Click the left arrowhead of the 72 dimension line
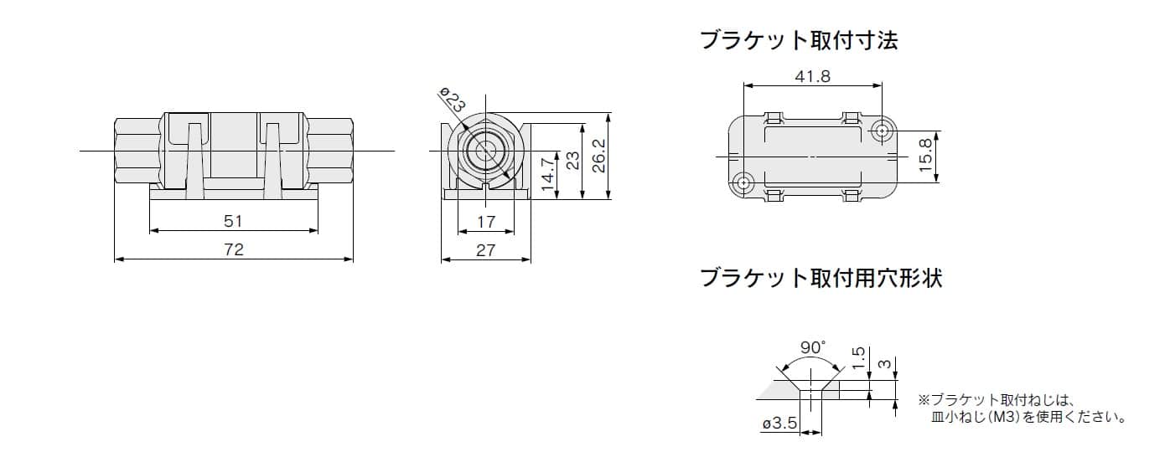[x=118, y=259]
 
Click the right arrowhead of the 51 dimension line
[x=313, y=230]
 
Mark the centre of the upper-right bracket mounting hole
[x=883, y=131]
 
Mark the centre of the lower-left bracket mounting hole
[x=743, y=183]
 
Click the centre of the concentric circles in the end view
[x=486, y=151]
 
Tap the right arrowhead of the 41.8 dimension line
[x=877, y=85]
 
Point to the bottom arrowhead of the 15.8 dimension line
[x=936, y=177]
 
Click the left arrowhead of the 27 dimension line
[x=446, y=259]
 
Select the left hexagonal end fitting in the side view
[x=137, y=151]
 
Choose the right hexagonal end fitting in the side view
[x=329, y=151]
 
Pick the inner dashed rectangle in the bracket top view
[x=813, y=156]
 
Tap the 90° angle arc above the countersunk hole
[x=810, y=362]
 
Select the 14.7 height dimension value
[x=547, y=175]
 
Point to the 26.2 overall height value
[x=599, y=156]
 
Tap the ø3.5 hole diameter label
[x=779, y=423]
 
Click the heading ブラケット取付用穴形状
[x=821, y=278]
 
